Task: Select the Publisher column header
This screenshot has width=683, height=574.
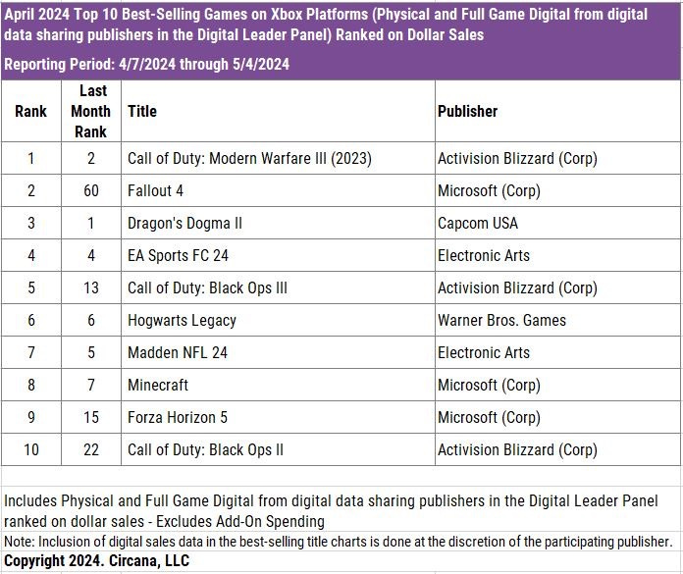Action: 467,111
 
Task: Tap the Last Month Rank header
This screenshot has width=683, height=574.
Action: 90,111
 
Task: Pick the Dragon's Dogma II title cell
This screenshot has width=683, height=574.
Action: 184,223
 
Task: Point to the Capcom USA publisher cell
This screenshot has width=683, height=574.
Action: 477,223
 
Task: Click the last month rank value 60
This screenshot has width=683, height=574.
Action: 90,190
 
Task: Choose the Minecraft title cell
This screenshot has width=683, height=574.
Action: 158,385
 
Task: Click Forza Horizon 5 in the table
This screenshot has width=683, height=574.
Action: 178,417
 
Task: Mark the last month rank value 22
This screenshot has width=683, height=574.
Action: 90,449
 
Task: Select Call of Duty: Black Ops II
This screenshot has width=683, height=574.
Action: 205,449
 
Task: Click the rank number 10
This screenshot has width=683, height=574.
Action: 30,449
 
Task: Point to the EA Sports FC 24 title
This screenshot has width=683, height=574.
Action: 178,255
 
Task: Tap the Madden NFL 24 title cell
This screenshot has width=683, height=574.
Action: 178,352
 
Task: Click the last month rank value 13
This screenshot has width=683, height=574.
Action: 90,287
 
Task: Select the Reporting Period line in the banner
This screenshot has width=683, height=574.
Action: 145,64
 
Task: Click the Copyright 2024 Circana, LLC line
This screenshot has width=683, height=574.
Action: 96,561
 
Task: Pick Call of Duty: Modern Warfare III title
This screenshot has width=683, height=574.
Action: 249,158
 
